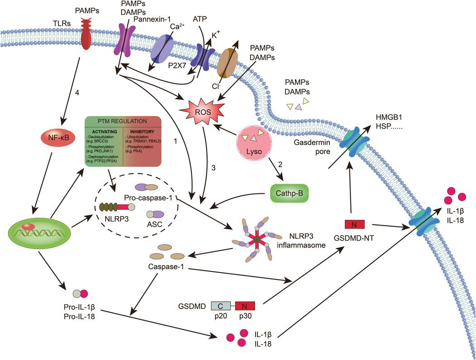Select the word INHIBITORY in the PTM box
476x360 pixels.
point(141,131)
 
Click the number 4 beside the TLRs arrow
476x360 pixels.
point(77,94)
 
